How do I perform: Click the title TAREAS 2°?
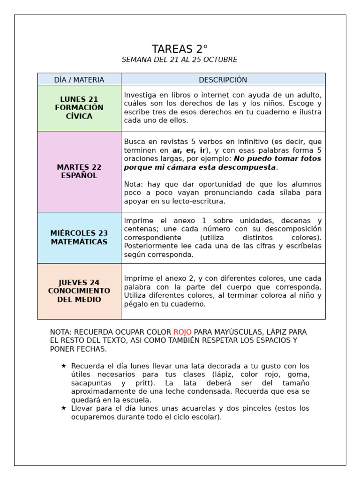(180, 49)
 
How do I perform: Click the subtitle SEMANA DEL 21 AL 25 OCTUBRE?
(180, 60)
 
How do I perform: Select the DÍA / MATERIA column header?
(79, 80)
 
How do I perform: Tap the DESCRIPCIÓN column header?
(223, 80)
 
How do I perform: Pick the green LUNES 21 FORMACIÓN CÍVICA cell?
(79, 108)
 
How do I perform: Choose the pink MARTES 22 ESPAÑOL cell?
(79, 172)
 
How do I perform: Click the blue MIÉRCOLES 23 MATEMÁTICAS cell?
(79, 238)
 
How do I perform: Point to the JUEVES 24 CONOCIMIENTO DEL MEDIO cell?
(79, 291)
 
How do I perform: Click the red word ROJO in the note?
(182, 332)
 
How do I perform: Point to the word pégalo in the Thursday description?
(136, 304)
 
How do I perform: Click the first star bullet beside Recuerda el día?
(64, 366)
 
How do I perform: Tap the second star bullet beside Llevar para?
(64, 408)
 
